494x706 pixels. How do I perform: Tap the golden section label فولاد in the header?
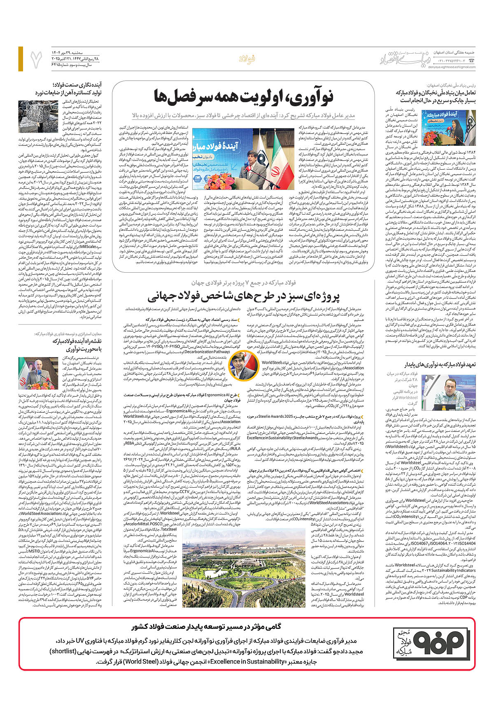[x=247, y=59]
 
